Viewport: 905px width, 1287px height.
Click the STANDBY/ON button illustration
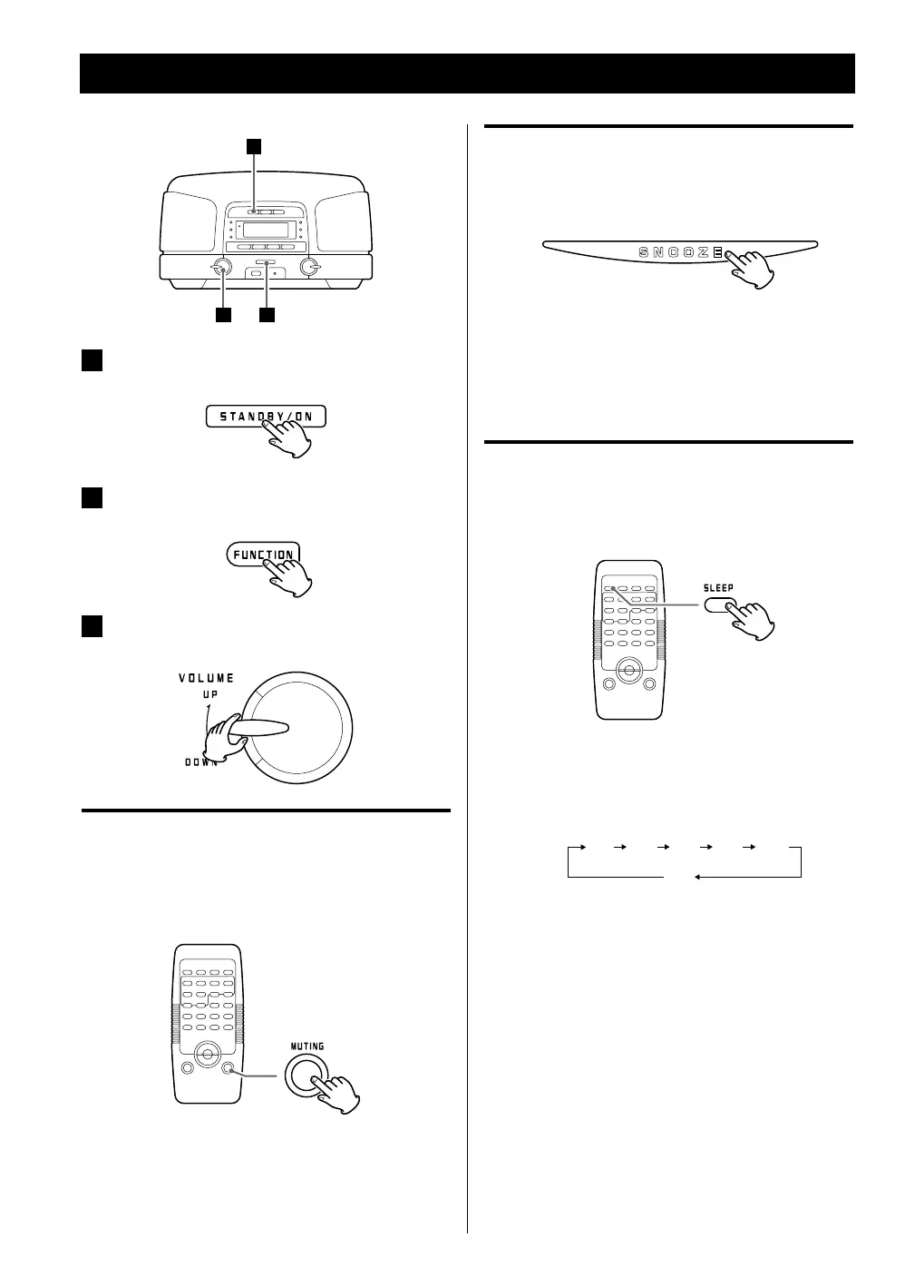coord(263,417)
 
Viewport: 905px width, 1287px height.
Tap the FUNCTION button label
coord(263,555)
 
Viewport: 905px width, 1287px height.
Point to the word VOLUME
coord(206,678)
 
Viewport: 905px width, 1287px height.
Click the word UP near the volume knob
coord(209,694)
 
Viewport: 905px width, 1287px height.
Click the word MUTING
coord(307,1046)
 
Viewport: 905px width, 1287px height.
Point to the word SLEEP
coord(719,588)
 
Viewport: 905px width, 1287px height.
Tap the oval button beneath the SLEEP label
coord(718,605)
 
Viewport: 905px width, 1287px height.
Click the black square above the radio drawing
coord(256,145)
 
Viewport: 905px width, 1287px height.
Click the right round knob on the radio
coord(309,267)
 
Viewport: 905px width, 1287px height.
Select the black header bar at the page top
coord(467,74)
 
